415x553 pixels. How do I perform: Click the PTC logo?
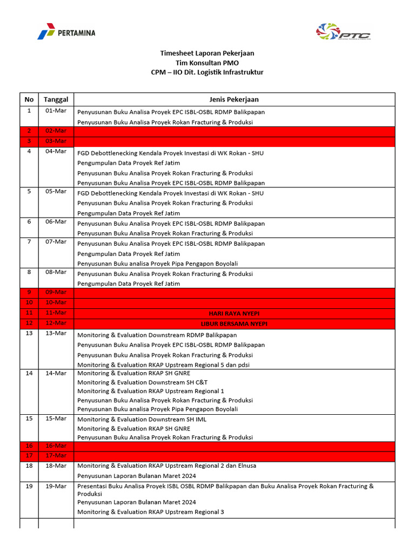click(x=343, y=32)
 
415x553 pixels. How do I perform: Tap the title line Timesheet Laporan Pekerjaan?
click(x=207, y=53)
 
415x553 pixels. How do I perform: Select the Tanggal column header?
click(x=56, y=99)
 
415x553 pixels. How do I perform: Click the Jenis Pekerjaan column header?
click(x=234, y=99)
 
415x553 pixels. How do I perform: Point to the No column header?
click(x=29, y=99)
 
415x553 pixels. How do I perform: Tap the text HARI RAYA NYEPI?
click(x=234, y=313)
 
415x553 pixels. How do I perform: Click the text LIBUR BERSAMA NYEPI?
click(x=234, y=323)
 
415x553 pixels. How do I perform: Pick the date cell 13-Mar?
click(x=56, y=333)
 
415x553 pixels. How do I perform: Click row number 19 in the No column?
click(x=29, y=487)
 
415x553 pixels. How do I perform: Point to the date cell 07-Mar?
click(x=56, y=242)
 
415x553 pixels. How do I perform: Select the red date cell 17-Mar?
click(x=56, y=456)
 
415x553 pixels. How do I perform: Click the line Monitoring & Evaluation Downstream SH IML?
click(x=142, y=419)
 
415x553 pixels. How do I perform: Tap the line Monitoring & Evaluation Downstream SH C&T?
click(x=142, y=382)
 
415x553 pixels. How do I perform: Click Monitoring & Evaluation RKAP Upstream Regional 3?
click(x=150, y=512)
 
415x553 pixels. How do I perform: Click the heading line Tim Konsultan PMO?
click(x=207, y=63)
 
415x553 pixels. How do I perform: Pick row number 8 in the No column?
click(x=29, y=272)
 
